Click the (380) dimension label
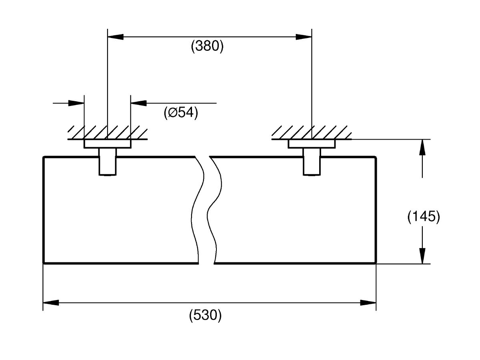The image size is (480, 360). pyautogui.click(x=207, y=46)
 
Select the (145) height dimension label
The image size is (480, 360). pyautogui.click(x=424, y=217)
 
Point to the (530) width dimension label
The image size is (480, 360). pyautogui.click(x=205, y=316)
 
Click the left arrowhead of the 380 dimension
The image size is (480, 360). pyautogui.click(x=116, y=37)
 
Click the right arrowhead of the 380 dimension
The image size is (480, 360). pyautogui.click(x=304, y=37)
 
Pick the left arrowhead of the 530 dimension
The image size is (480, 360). pyautogui.click(x=51, y=303)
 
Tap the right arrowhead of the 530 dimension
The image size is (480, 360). pyautogui.click(x=368, y=303)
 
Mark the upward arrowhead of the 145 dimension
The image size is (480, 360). pyautogui.click(x=422, y=147)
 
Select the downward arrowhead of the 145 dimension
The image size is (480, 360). pyautogui.click(x=422, y=256)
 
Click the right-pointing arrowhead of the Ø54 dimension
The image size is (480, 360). pyautogui.click(x=76, y=103)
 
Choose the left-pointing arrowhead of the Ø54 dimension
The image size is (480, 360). pyautogui.click(x=139, y=103)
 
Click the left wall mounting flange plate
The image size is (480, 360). pyautogui.click(x=107, y=144)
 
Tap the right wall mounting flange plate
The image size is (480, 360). pyautogui.click(x=312, y=144)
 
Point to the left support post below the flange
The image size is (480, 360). pyautogui.click(x=108, y=162)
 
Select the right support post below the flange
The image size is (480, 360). pyautogui.click(x=312, y=162)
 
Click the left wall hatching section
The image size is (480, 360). pyautogui.click(x=107, y=132)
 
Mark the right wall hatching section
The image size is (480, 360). pyautogui.click(x=312, y=132)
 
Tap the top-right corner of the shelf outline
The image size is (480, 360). pyautogui.click(x=376, y=157)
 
